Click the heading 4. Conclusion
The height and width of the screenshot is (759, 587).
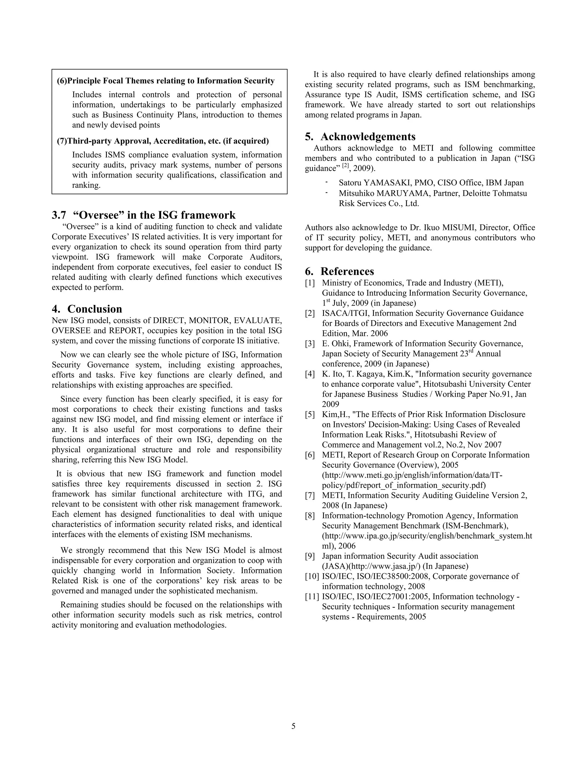(87, 309)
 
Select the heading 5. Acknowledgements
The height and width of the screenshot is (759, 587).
(360, 137)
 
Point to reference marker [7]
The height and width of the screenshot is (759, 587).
(310, 495)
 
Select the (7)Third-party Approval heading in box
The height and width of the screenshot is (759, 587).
(163, 141)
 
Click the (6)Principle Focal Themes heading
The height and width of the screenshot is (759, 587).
(166, 81)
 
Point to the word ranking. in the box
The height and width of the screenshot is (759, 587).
(86, 185)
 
